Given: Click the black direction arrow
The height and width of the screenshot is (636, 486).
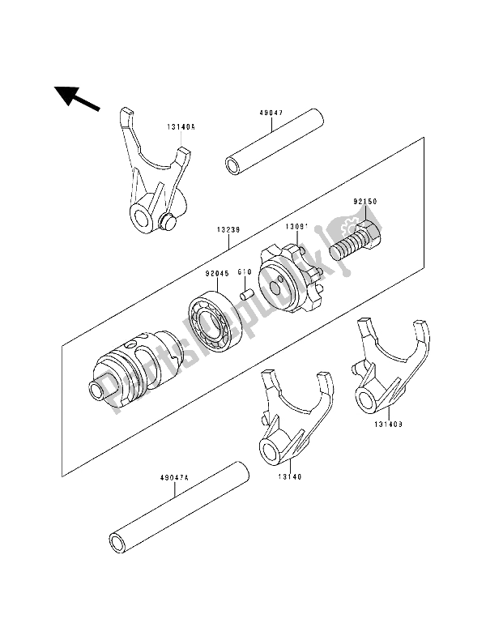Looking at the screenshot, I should pyautogui.click(x=78, y=98).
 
